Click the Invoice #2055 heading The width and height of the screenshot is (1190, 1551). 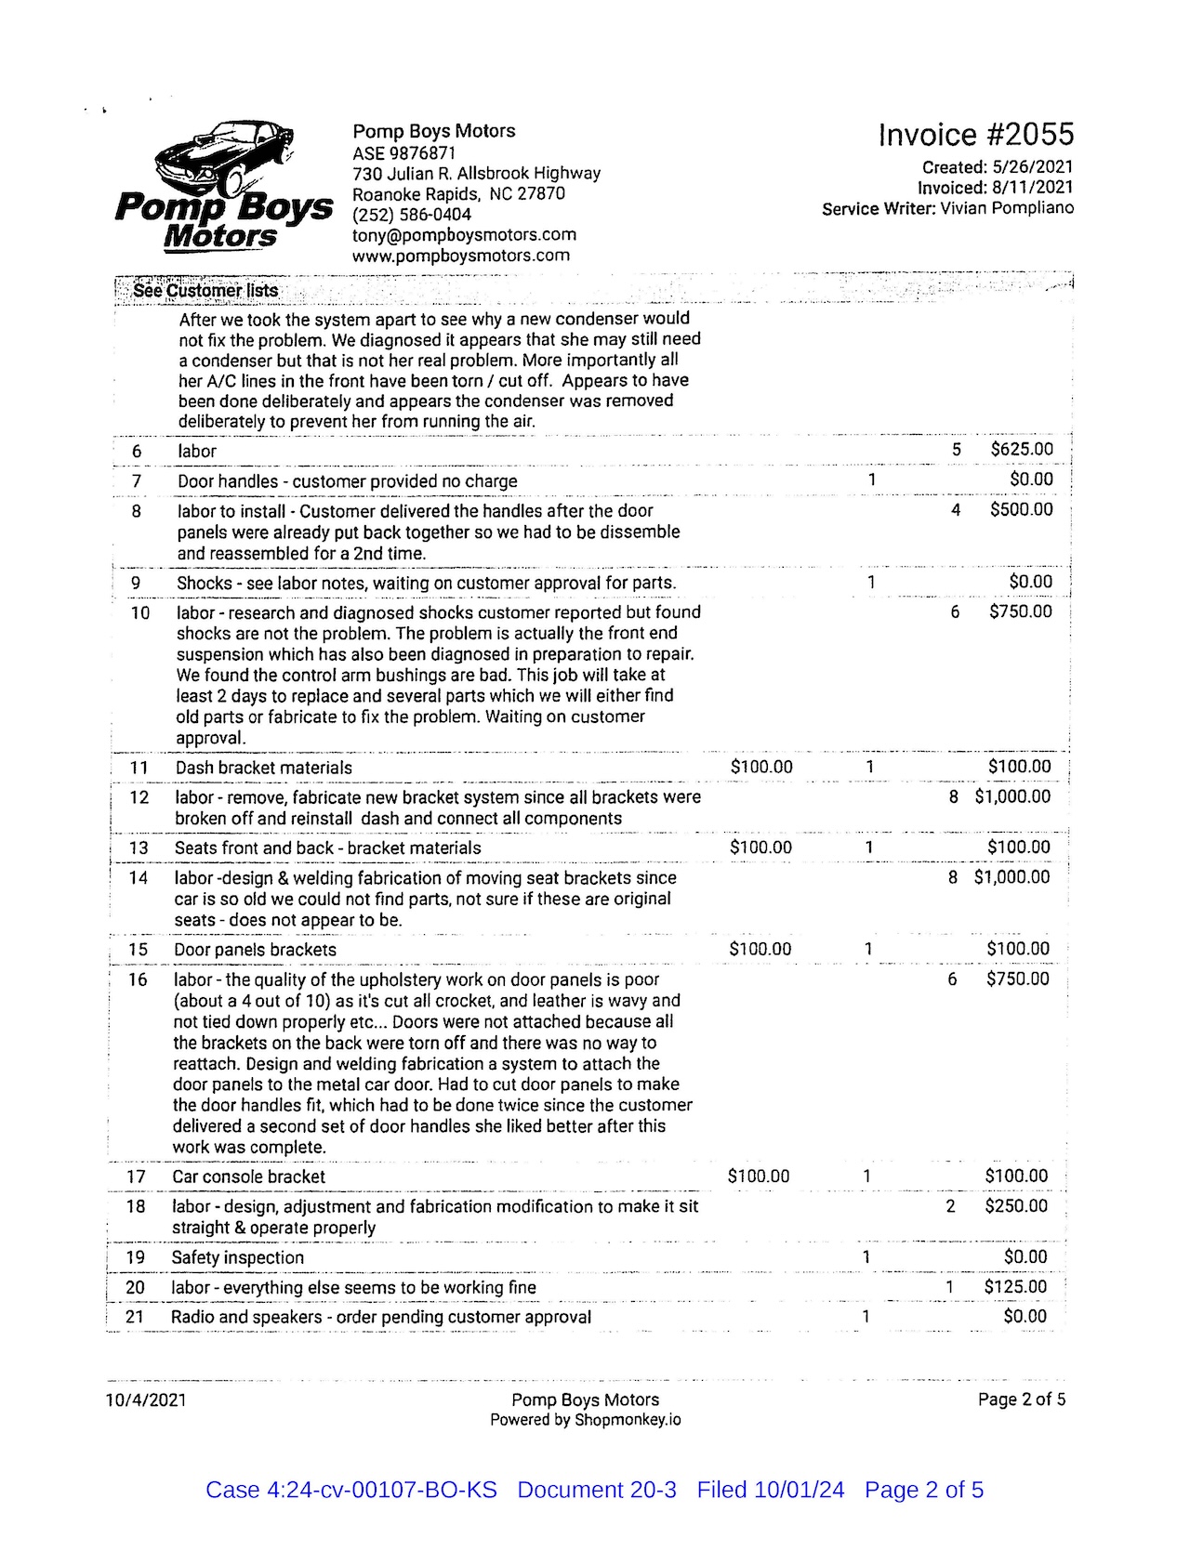975,136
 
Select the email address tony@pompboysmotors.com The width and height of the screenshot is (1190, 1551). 464,235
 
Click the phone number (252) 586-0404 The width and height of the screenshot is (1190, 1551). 412,215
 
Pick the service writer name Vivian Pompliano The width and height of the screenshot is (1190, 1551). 1007,208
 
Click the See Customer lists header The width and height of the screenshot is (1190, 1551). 205,291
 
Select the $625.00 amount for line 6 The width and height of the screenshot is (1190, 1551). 1022,450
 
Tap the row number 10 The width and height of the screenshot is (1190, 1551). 139,613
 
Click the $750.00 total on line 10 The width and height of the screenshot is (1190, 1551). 1021,612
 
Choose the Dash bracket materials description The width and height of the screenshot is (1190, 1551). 264,769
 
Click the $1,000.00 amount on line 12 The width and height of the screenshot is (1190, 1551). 1012,797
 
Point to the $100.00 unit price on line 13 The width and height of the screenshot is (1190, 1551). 760,848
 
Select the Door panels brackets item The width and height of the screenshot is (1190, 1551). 255,950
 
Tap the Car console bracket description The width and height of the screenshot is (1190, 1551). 248,1176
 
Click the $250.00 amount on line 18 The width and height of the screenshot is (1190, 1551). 1016,1206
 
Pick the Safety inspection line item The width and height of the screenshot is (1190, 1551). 237,1258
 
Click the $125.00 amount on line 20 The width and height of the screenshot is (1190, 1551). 1015,1287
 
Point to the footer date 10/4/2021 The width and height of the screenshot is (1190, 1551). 146,1400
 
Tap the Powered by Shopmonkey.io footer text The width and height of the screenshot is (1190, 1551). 585,1420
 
